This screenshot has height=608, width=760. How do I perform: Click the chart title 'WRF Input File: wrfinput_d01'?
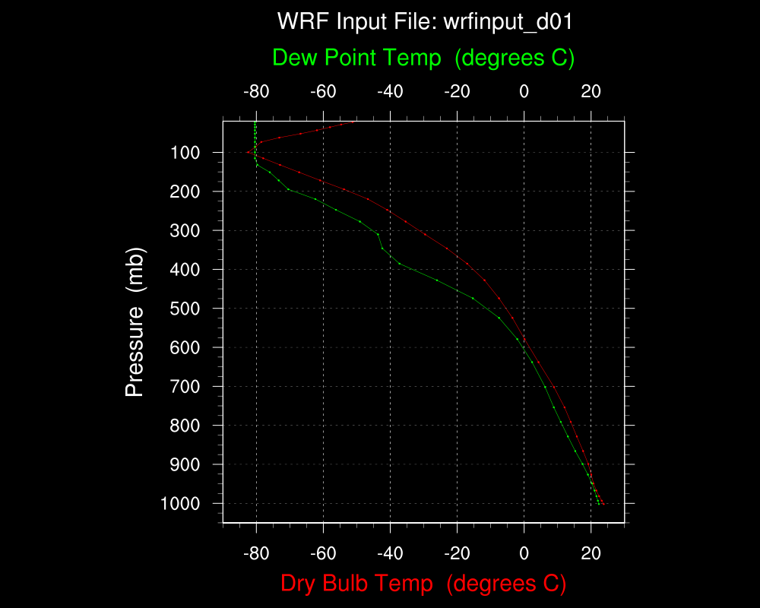tap(424, 21)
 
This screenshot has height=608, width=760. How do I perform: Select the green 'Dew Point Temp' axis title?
tap(423, 57)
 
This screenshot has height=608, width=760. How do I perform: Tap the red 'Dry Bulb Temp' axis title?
tap(423, 584)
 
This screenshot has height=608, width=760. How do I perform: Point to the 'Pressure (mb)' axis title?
tap(135, 321)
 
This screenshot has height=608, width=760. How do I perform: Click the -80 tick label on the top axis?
tap(256, 93)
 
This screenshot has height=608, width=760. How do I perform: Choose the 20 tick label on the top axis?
tap(591, 93)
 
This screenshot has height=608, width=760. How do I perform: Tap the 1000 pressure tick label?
tap(181, 504)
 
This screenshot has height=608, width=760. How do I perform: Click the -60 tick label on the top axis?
tap(323, 93)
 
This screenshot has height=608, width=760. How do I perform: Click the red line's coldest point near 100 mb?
tap(248, 153)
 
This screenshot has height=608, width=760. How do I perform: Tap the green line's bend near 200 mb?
tap(288, 189)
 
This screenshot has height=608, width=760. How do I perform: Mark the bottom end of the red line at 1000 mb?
tap(603, 503)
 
